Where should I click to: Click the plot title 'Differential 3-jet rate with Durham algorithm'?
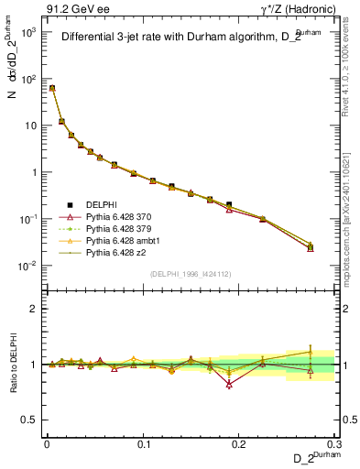pos(180,38)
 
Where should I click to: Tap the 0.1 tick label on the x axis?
pos(143,442)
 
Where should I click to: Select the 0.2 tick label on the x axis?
pos(239,442)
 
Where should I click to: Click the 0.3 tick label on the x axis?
pos(335,442)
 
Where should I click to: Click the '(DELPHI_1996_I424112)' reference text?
pos(191,273)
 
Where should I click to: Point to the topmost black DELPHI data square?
pos(52,88)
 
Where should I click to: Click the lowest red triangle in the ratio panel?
pos(229,384)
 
